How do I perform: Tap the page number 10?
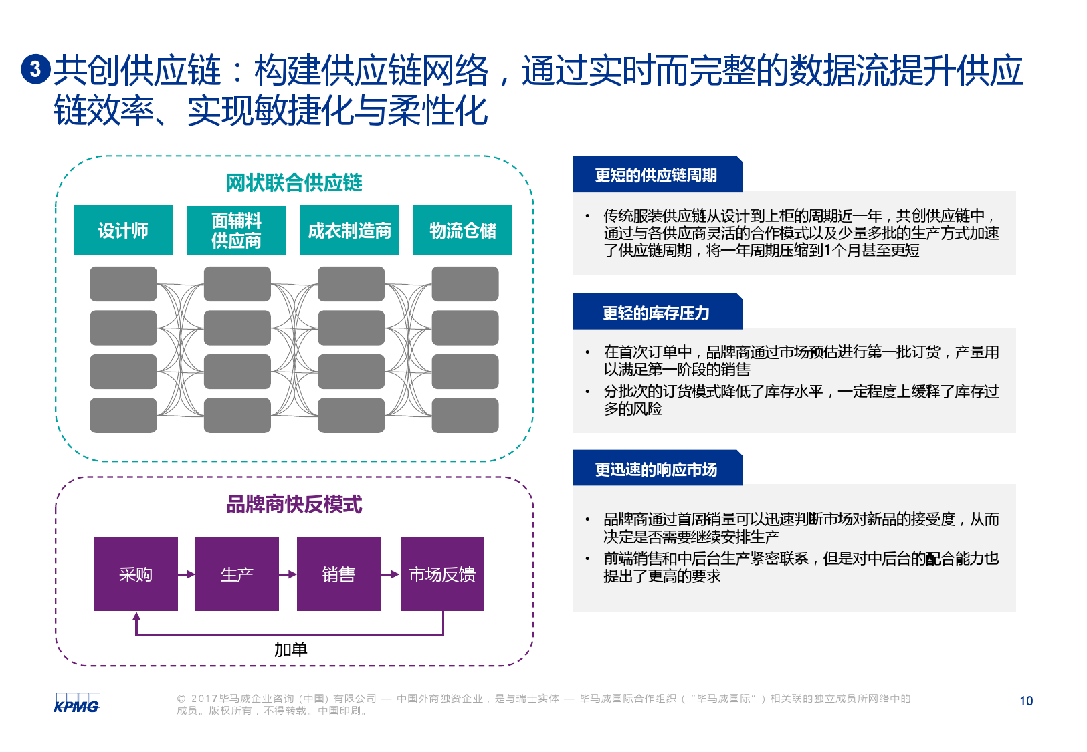tap(1026, 701)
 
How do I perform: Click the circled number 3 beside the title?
tap(35, 69)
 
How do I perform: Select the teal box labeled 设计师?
tap(123, 231)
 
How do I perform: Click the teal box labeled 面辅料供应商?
tap(236, 231)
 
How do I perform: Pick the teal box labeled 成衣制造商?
tap(349, 231)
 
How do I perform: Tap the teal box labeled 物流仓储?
tap(462, 231)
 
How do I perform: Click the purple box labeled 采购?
tap(136, 574)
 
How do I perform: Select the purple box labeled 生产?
tap(237, 574)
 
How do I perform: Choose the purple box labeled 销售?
tap(338, 574)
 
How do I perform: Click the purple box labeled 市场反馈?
tap(442, 574)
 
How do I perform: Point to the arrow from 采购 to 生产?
tap(187, 574)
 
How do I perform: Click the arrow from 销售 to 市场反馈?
tap(390, 574)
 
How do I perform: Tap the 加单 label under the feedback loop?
tap(290, 649)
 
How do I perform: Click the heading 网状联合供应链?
tap(294, 182)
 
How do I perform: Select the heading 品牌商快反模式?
tap(294, 504)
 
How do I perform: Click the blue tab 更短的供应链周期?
tap(657, 175)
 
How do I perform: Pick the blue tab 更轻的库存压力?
tap(657, 312)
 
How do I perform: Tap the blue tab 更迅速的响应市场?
tap(657, 469)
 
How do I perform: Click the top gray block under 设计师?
tap(123, 284)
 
